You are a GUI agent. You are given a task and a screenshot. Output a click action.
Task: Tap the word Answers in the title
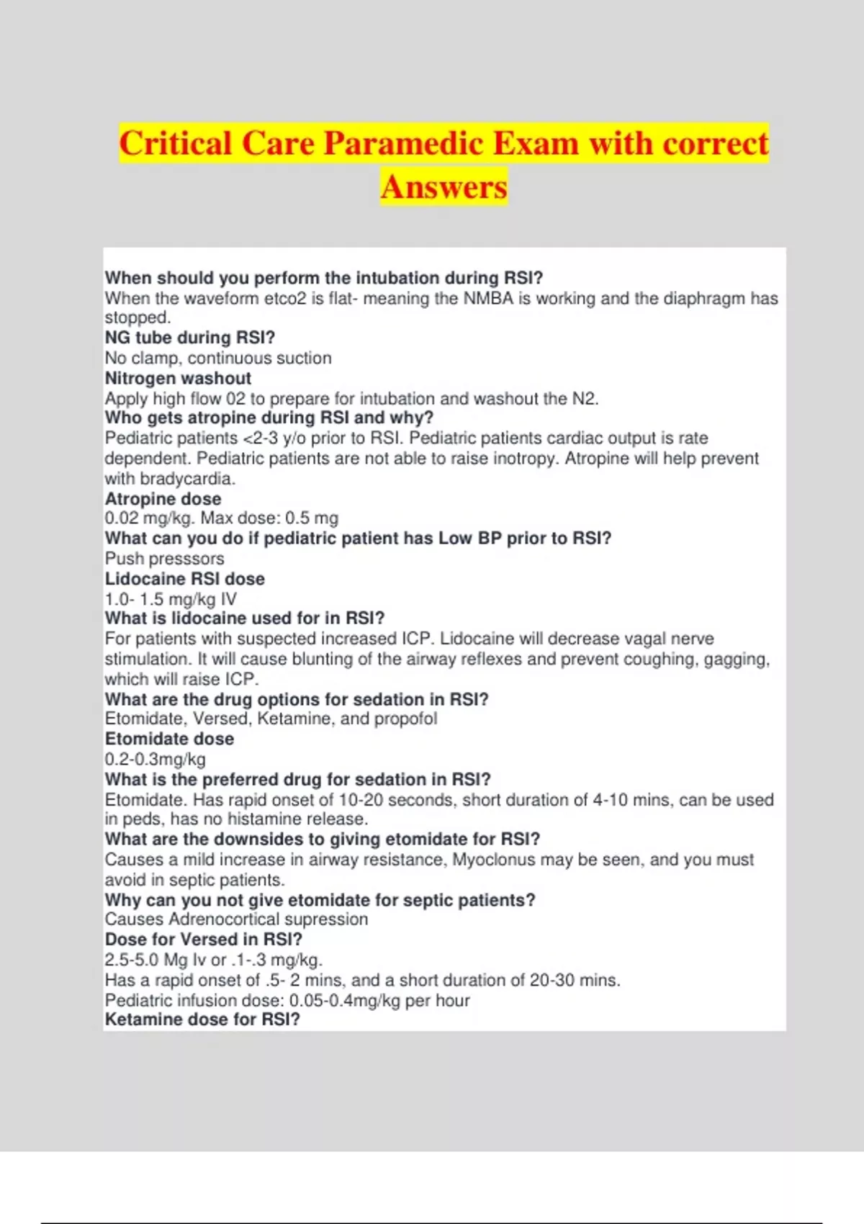[x=444, y=187]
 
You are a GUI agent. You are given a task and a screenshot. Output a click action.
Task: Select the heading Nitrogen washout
[x=178, y=379]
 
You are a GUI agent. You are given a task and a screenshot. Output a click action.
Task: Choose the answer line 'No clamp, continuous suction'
[x=218, y=359]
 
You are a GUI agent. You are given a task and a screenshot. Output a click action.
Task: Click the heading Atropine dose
[x=163, y=499]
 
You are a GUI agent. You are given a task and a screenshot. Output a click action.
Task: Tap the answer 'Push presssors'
[x=164, y=559]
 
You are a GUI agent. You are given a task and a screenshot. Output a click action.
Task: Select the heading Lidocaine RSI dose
[x=184, y=579]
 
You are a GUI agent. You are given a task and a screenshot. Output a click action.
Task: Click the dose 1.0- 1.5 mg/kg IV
[x=171, y=599]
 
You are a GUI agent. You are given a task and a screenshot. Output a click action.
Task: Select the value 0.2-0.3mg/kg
[x=155, y=759]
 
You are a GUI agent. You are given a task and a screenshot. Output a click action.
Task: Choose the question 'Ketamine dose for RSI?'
[x=202, y=1020]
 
